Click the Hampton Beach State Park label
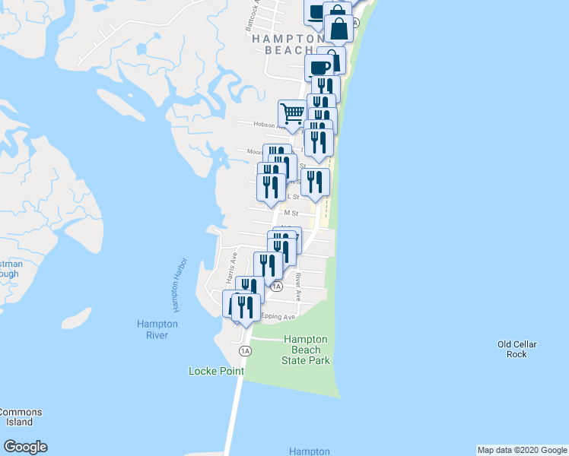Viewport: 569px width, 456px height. tap(307, 350)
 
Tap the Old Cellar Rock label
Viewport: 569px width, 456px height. tap(517, 349)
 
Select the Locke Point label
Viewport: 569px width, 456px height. tap(217, 371)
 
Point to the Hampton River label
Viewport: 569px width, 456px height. tap(157, 329)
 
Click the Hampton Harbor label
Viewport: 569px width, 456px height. tap(179, 290)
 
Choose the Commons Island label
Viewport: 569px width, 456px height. tap(21, 417)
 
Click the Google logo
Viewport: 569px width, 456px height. tap(25, 447)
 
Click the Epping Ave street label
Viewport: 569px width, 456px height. tap(278, 316)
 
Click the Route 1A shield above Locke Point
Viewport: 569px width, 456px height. tap(245, 351)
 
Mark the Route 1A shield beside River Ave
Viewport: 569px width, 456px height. tap(277, 287)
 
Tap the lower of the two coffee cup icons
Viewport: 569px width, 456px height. tap(319, 67)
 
